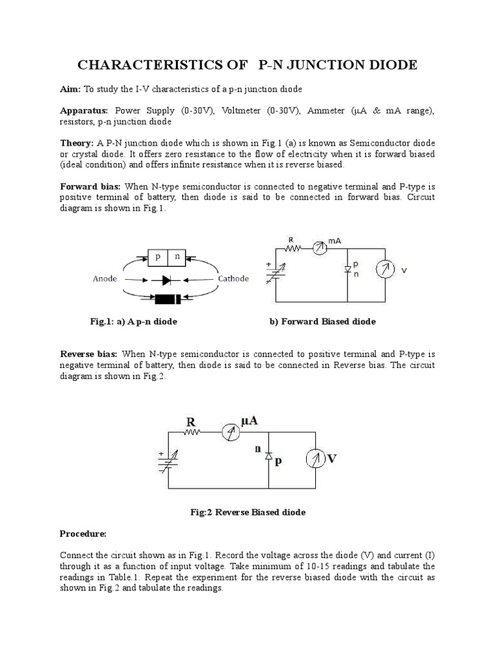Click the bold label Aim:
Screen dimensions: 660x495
pyautogui.click(x=70, y=88)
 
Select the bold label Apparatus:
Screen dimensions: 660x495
pyautogui.click(x=84, y=111)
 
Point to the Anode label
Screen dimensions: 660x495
pyautogui.click(x=106, y=280)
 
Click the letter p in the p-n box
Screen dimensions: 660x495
pyautogui.click(x=157, y=257)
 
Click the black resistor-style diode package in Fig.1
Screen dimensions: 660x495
pyautogui.click(x=168, y=299)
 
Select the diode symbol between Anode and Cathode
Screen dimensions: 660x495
pyautogui.click(x=168, y=280)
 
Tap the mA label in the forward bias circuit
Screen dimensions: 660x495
pyautogui.click(x=334, y=240)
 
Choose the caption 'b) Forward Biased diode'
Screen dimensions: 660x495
pyautogui.click(x=322, y=321)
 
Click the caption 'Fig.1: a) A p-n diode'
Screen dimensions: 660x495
pyautogui.click(x=134, y=321)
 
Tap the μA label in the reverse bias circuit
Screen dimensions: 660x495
pyautogui.click(x=249, y=421)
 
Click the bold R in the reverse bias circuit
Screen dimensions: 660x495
pyautogui.click(x=190, y=422)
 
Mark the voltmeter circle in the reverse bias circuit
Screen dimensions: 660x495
pyautogui.click(x=316, y=460)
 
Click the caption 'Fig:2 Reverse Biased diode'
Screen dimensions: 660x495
pyautogui.click(x=247, y=512)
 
